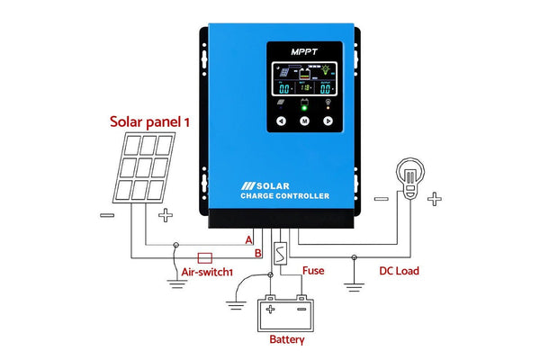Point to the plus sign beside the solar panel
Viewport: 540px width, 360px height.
tap(166, 216)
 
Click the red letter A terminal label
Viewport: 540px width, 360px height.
tap(249, 239)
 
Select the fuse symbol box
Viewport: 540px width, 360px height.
tap(280, 253)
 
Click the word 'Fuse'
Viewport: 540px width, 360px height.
tap(313, 270)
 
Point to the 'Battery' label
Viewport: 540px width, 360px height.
tap(287, 340)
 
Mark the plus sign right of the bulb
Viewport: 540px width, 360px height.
tap(435, 199)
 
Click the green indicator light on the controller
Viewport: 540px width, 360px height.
tap(303, 105)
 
